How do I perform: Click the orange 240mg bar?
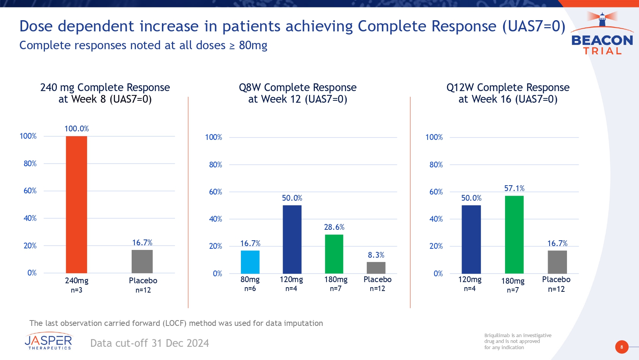(76, 205)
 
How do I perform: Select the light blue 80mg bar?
(250, 262)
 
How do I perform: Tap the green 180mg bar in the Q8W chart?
(334, 254)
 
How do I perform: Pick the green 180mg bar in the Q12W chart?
(514, 234)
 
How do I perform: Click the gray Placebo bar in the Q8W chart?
(376, 268)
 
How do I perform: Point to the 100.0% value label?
(77, 129)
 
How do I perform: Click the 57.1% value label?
(514, 188)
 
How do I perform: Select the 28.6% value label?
(334, 227)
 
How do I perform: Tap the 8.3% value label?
(376, 255)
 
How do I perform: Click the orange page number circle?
(622, 347)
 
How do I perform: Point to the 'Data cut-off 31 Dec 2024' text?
(149, 343)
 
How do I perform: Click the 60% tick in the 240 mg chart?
(30, 191)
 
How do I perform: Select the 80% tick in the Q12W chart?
(436, 165)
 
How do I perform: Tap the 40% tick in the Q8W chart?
(215, 219)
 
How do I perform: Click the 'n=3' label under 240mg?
(77, 290)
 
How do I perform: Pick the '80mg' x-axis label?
(250, 279)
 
